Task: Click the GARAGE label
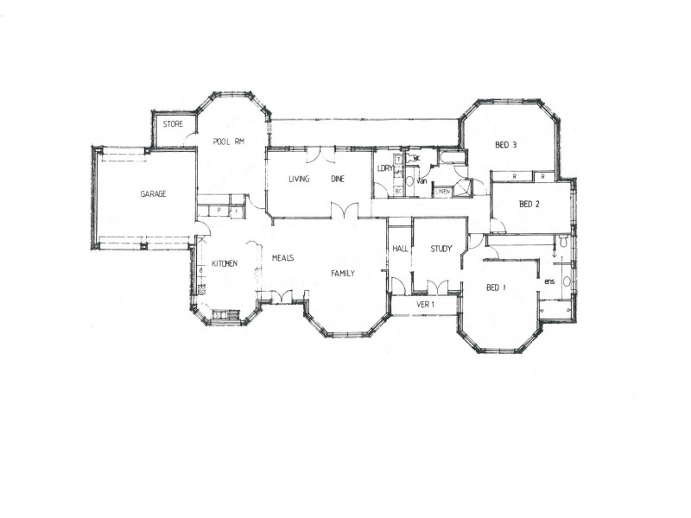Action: (x=153, y=194)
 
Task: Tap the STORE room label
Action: (x=173, y=124)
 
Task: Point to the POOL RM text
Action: (x=225, y=142)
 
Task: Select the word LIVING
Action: (x=299, y=180)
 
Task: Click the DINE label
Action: (x=338, y=180)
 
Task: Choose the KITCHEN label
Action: (x=220, y=263)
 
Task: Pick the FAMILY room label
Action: (x=343, y=273)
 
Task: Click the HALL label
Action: (x=400, y=249)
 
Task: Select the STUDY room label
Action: (x=441, y=249)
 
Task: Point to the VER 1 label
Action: (x=425, y=305)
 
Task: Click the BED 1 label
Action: (x=495, y=287)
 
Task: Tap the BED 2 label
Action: (x=529, y=205)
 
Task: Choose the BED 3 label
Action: (x=505, y=145)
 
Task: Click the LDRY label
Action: (x=385, y=168)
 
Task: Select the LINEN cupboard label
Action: (x=441, y=191)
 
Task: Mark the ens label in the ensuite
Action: (x=548, y=281)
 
